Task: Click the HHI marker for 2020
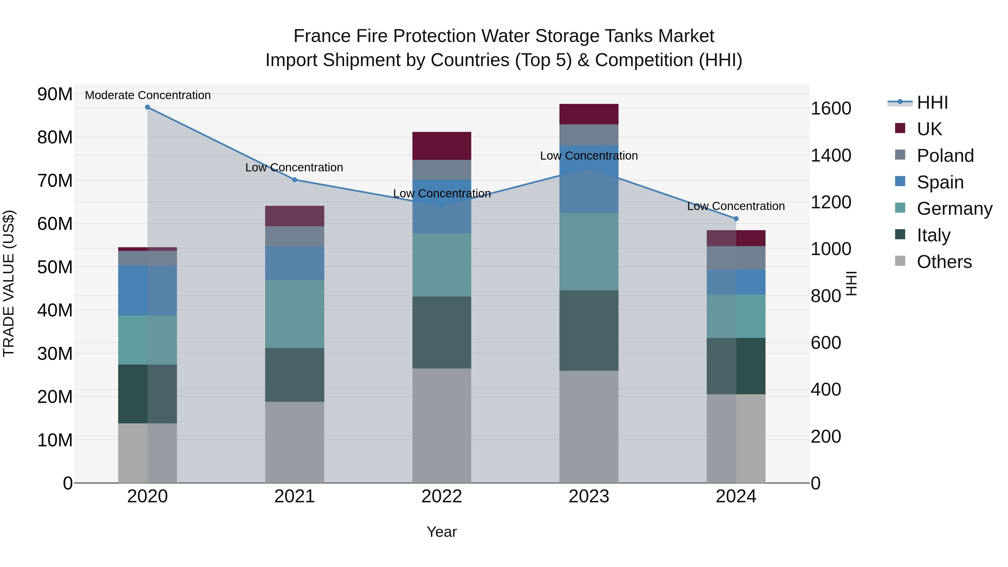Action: (148, 107)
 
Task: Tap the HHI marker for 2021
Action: (295, 179)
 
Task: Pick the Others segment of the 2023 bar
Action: (589, 426)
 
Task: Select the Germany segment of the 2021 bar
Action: (295, 314)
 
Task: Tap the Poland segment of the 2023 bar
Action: (589, 135)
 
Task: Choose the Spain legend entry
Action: (939, 182)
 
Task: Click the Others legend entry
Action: (943, 262)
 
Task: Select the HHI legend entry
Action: (932, 102)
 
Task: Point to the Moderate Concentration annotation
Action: (148, 95)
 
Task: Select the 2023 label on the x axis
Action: (589, 496)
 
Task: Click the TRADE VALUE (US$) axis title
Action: (9, 283)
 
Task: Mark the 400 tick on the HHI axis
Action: (826, 389)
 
